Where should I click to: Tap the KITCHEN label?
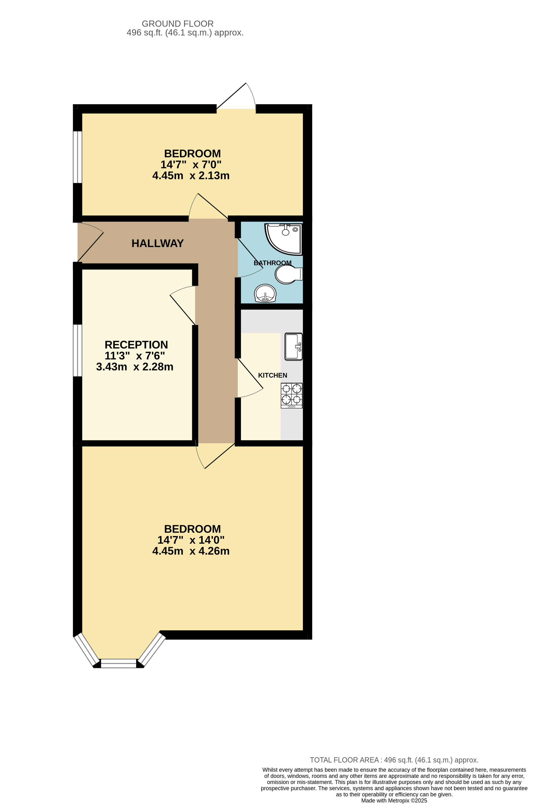[272, 375]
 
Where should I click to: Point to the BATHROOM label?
[272, 263]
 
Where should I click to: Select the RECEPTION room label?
[136, 345]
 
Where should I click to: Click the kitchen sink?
[293, 346]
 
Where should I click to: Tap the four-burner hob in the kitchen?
[291, 395]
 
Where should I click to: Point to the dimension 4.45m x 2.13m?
[191, 176]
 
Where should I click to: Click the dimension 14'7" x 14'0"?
[191, 540]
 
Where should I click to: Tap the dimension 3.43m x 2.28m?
[135, 367]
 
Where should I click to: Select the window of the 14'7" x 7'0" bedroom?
[78, 157]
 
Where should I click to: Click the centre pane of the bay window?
[118, 663]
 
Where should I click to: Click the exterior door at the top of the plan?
[236, 100]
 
